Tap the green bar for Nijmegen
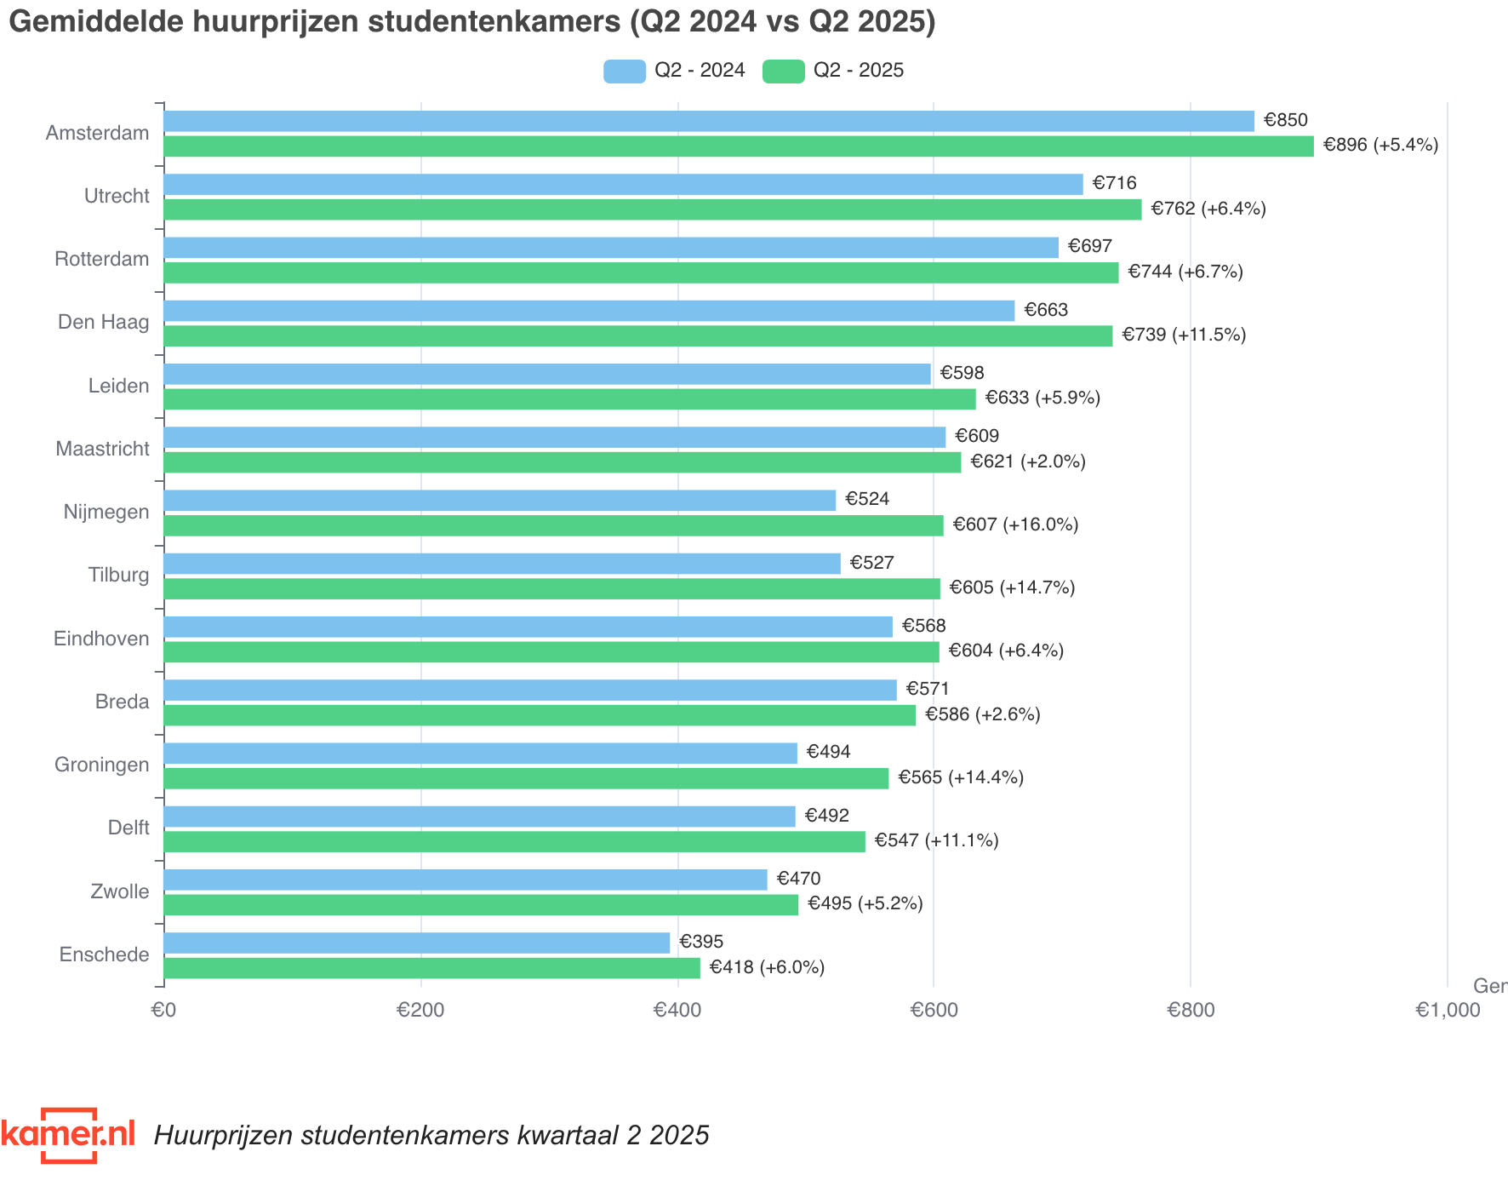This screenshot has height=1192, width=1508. pyautogui.click(x=553, y=525)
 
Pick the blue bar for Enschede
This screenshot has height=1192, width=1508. pyautogui.click(x=417, y=943)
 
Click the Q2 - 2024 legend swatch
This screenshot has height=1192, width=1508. pyautogui.click(x=624, y=71)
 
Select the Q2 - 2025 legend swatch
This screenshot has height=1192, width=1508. pyautogui.click(x=783, y=71)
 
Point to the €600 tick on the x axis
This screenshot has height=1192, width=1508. pyautogui.click(x=934, y=1010)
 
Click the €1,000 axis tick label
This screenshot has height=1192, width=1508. pyautogui.click(x=1447, y=1010)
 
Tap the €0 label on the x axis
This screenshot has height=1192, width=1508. pyautogui.click(x=163, y=1010)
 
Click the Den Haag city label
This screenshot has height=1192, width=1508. pyautogui.click(x=103, y=322)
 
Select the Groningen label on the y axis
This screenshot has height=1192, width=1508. pyautogui.click(x=101, y=765)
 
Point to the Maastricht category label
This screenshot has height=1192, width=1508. pyautogui.click(x=102, y=449)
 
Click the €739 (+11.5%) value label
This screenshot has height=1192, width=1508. pyautogui.click(x=1183, y=335)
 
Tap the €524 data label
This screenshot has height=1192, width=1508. pyautogui.click(x=867, y=499)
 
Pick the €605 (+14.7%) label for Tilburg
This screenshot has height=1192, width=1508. pyautogui.click(x=1012, y=587)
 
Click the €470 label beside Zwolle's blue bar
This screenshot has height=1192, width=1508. pyautogui.click(x=798, y=879)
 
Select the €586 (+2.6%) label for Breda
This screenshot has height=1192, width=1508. pyautogui.click(x=982, y=714)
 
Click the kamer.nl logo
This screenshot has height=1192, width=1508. pyautogui.click(x=68, y=1134)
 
